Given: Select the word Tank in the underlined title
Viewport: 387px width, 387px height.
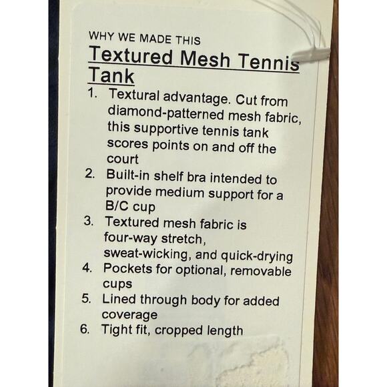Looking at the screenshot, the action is tap(111, 75).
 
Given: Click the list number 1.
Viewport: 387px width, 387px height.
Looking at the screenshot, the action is tap(93, 93).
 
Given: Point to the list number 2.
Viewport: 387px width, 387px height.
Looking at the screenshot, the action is tap(90, 173).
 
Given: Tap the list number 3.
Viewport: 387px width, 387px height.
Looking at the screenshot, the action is tap(89, 220).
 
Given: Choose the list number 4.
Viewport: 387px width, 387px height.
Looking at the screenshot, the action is tap(87, 268).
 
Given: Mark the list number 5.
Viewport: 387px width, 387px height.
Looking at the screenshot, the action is tap(86, 298).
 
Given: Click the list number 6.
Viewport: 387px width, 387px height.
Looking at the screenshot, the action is tap(85, 329).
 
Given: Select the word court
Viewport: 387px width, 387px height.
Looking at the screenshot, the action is tap(123, 159).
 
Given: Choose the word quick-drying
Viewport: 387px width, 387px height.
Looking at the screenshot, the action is tap(257, 256).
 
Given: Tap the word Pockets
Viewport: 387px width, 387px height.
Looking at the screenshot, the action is tap(127, 268).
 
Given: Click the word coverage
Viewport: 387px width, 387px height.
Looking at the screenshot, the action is tap(129, 315).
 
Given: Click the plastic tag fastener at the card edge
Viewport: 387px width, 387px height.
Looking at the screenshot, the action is tap(311, 53).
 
